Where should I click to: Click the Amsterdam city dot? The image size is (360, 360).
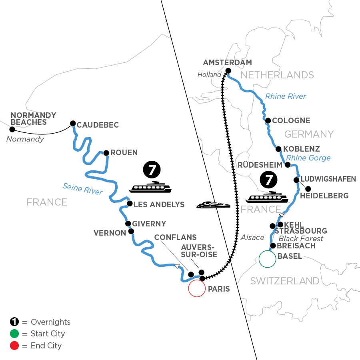[x=228, y=71]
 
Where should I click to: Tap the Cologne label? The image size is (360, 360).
[x=291, y=120]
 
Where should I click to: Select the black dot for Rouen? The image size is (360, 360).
[x=106, y=153]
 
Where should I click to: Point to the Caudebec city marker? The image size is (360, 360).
[x=73, y=124]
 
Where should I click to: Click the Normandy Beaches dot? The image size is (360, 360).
[x=12, y=130]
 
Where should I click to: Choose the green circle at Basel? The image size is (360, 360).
[x=267, y=259]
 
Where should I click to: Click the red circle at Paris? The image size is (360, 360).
[x=197, y=288]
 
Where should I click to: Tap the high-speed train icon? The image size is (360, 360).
[x=213, y=205]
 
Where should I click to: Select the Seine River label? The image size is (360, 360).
[x=83, y=189]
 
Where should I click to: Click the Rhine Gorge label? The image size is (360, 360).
[x=308, y=158]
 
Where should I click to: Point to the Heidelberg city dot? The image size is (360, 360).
[x=308, y=189]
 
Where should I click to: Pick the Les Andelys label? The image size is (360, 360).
[x=159, y=204]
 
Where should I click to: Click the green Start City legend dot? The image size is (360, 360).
[x=14, y=334]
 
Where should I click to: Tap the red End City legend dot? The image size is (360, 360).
[x=14, y=346]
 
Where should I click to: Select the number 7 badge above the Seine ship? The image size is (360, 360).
[x=152, y=170]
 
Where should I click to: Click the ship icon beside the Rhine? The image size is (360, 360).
[x=267, y=197]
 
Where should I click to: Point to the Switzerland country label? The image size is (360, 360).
[x=285, y=281]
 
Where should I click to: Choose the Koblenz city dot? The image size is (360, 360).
[x=278, y=149]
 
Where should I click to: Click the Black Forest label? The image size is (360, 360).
[x=301, y=238]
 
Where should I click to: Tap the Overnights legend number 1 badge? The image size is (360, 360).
[x=14, y=322]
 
